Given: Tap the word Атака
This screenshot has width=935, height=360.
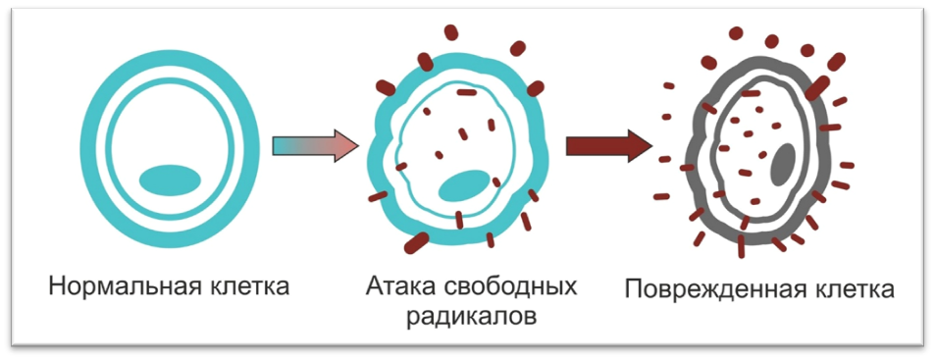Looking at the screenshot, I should point(397,287).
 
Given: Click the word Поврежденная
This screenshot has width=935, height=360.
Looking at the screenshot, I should point(706,290).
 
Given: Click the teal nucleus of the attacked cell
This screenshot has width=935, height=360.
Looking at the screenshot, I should point(463,184).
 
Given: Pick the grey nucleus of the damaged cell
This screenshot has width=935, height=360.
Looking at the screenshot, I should point(782,163).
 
